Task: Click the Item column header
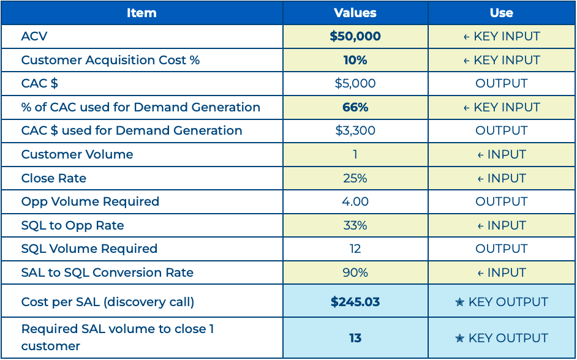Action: pos(141,13)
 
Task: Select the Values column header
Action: pos(355,13)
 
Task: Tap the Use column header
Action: pos(502,13)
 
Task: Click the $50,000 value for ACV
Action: pos(355,36)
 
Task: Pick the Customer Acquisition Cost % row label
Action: pos(110,60)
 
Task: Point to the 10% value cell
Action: pos(355,60)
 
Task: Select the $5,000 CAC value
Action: pos(355,83)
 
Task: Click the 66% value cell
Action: pos(355,107)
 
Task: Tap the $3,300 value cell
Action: pos(355,130)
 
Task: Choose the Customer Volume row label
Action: pos(77,154)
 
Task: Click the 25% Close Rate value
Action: pos(355,178)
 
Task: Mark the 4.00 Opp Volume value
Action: pos(355,201)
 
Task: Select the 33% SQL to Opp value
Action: pos(355,225)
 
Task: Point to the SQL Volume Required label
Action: pos(89,249)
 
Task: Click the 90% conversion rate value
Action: pos(355,272)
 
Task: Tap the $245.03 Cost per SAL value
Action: pos(355,302)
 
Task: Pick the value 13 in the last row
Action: pos(355,338)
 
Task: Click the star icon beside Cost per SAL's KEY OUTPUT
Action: pos(460,302)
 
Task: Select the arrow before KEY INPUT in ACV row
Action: pos(467,37)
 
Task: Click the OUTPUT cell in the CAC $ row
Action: pos(502,83)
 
